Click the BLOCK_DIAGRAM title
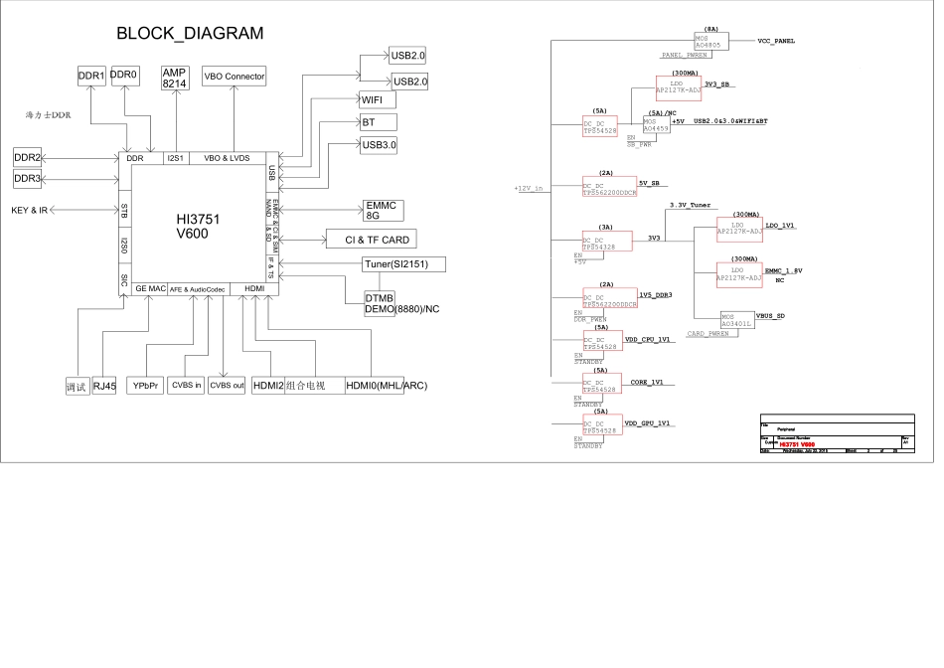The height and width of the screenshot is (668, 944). (190, 33)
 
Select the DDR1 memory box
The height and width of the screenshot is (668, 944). (91, 76)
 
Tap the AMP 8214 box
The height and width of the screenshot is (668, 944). (175, 80)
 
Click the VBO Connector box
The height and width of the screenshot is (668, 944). (235, 76)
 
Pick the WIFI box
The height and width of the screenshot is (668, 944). (378, 100)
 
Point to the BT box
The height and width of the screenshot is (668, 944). (378, 122)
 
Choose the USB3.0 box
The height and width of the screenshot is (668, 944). (379, 145)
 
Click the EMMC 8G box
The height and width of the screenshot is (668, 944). (381, 210)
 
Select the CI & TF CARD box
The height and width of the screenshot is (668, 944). (369, 240)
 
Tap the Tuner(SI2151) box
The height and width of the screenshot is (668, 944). (403, 264)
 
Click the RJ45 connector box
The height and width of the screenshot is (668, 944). (104, 387)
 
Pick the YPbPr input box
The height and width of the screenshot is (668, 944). (145, 386)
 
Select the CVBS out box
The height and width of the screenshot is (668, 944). (227, 386)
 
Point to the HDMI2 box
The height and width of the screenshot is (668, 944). (267, 386)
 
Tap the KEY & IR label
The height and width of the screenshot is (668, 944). (30, 211)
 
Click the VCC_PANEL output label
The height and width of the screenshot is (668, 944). (776, 42)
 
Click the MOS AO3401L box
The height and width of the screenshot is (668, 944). (736, 319)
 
